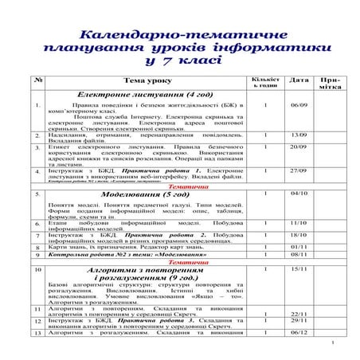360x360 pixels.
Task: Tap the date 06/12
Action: (299, 332)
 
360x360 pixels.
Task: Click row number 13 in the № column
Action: (38, 332)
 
